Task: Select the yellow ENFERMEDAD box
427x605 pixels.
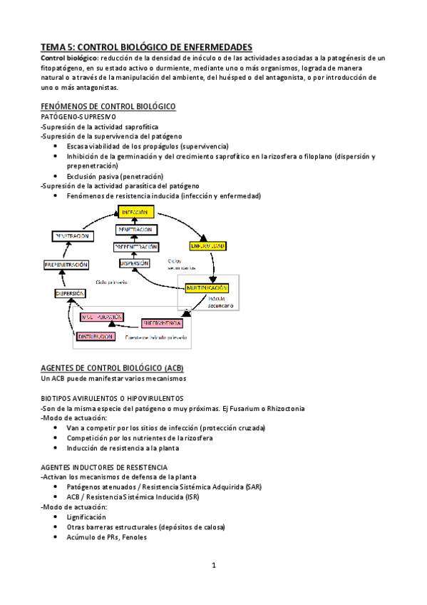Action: (x=208, y=246)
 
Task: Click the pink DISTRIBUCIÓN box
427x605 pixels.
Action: (x=91, y=336)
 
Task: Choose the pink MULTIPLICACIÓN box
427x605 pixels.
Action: (x=96, y=316)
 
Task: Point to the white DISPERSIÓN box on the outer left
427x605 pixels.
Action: (x=70, y=293)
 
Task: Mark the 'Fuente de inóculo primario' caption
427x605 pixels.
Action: (x=155, y=337)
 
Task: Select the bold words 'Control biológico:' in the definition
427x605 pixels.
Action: (x=68, y=57)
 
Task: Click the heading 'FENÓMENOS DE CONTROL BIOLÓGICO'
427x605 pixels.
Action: (x=108, y=106)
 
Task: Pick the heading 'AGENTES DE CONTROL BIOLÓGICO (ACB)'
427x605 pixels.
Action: (x=113, y=367)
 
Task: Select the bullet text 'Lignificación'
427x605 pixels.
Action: (x=86, y=517)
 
